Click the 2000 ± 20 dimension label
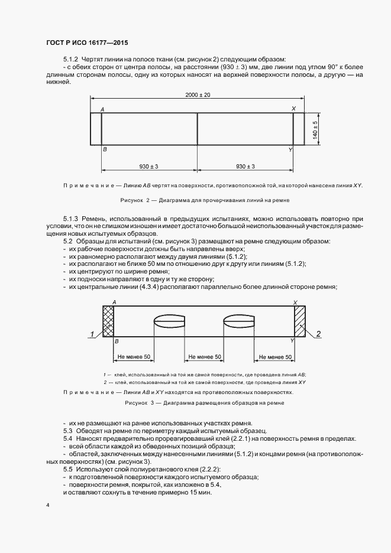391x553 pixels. (198, 95)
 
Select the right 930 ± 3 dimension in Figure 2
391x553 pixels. (245, 166)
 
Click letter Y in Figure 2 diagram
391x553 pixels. (290, 150)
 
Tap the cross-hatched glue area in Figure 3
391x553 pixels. (108, 321)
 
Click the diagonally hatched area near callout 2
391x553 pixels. (299, 321)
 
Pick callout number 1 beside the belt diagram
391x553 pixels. (92, 334)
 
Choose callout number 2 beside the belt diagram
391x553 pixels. (318, 334)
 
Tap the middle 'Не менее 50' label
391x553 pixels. (204, 357)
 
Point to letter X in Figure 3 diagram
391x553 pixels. (295, 302)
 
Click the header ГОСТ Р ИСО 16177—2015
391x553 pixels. (86, 43)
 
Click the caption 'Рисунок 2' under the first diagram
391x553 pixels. (134, 200)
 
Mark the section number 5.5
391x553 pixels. (67, 469)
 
